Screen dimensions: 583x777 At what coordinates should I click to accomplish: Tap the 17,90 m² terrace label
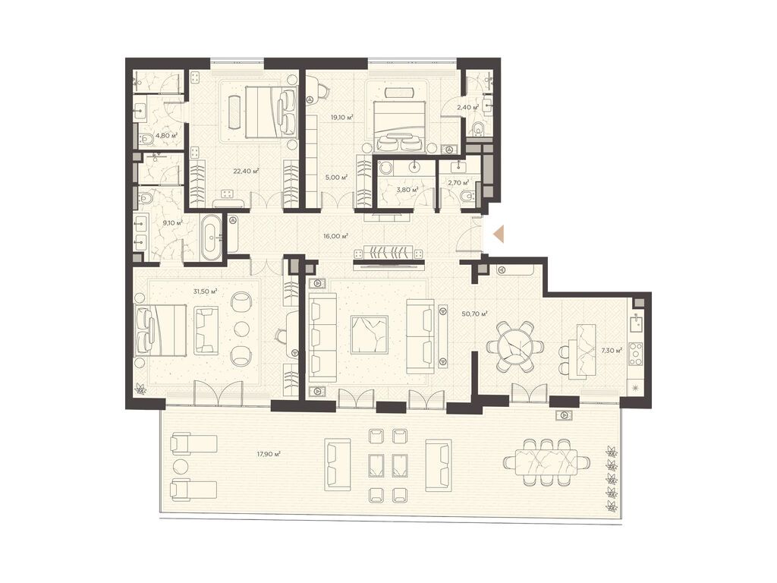tap(269, 454)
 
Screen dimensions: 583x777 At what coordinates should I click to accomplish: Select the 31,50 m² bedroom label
tap(206, 291)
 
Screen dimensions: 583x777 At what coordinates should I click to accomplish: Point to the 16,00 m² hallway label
tap(335, 236)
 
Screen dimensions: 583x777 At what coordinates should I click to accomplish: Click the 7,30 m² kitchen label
tap(612, 351)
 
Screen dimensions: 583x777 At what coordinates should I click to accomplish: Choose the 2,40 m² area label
tap(467, 108)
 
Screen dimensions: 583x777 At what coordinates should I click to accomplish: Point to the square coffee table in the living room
tap(370, 335)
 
